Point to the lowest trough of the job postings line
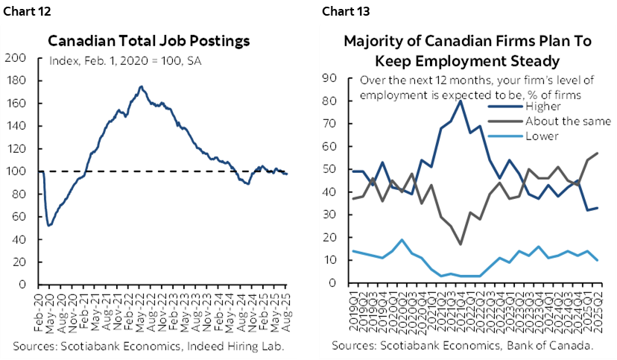coord(48,225)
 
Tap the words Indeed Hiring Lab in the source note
coord(246,347)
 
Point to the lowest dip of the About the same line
coord(461,244)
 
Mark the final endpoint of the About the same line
coord(597,154)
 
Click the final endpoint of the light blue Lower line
coord(597,260)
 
